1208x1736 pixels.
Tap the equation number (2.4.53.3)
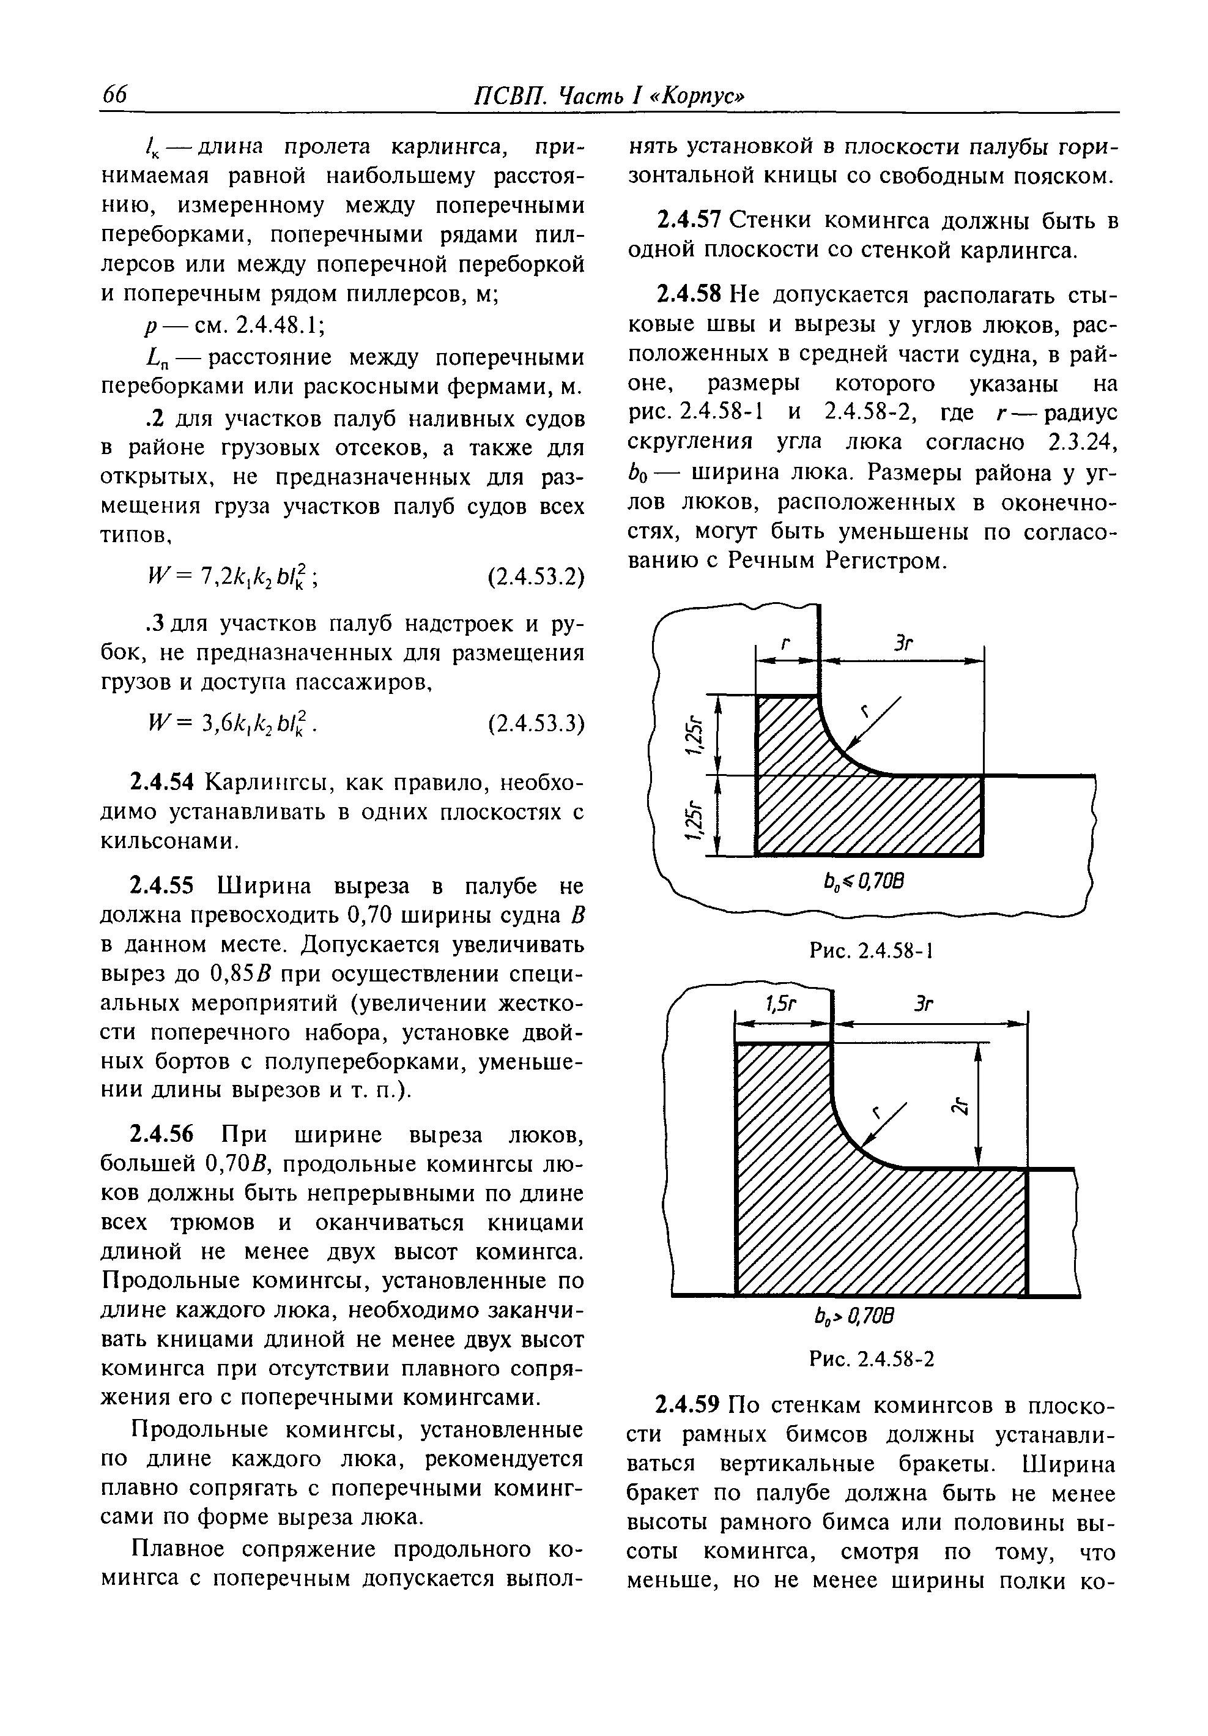tap(536, 723)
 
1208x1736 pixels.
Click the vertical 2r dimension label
tap(959, 1107)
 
